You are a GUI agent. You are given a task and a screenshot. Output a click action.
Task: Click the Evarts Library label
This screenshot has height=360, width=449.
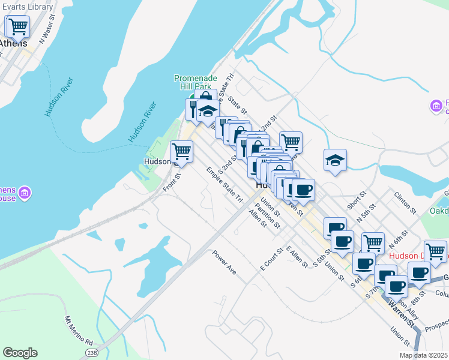(x=27, y=7)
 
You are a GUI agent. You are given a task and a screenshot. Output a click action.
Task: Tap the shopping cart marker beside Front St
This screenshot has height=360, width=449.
(x=181, y=152)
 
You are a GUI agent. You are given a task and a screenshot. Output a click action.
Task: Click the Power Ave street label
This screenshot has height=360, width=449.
(x=224, y=262)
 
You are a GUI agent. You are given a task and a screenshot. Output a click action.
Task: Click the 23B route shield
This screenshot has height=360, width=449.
(x=92, y=352)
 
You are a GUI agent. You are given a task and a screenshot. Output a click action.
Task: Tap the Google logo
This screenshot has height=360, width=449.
(x=20, y=353)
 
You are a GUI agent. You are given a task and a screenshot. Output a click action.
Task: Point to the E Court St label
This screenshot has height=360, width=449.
(x=271, y=258)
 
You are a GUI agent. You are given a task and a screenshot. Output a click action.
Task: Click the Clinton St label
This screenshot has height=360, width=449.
(x=405, y=203)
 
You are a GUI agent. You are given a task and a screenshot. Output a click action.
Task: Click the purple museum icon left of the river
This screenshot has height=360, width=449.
(x=25, y=193)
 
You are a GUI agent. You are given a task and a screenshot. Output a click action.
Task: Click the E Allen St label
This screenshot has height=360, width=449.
(x=297, y=256)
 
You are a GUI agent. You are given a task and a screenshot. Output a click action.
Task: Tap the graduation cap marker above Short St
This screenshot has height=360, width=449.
(x=335, y=160)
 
